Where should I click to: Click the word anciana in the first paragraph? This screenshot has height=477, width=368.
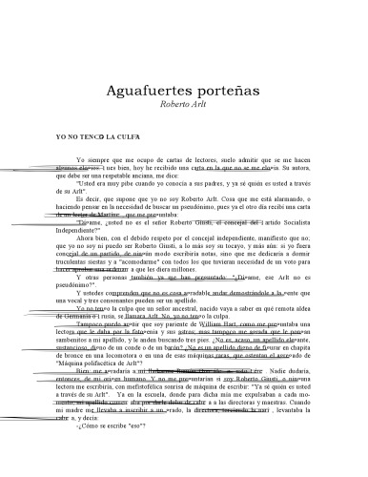pyautogui.click(x=169, y=176)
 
